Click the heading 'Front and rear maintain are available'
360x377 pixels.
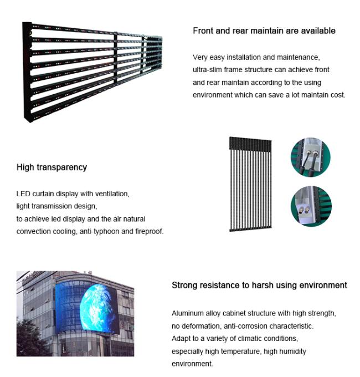[x=264, y=30]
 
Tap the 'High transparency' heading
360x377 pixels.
[x=52, y=167]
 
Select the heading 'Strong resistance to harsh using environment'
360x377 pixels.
[x=259, y=285]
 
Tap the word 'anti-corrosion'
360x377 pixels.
[x=240, y=326]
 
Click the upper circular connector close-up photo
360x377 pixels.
[x=310, y=158]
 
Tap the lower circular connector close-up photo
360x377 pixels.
[x=311, y=206]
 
